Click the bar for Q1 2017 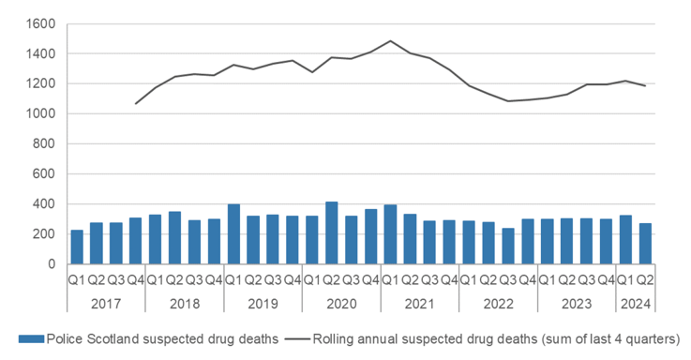click(x=77, y=247)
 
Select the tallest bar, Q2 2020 click(x=332, y=232)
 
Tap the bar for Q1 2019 click(x=233, y=233)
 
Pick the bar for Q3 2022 click(x=508, y=246)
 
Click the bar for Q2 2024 click(x=644, y=244)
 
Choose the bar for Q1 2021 click(x=390, y=234)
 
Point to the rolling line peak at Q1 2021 click(x=390, y=41)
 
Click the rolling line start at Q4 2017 click(x=136, y=104)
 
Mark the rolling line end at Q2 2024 click(x=644, y=86)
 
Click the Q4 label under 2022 click(x=528, y=280)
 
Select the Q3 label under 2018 click(x=195, y=280)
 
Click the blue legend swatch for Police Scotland click(x=38, y=339)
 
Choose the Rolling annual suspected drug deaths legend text click(x=498, y=339)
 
